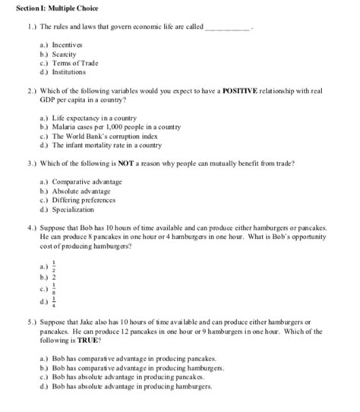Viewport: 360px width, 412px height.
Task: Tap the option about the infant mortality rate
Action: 106,143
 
